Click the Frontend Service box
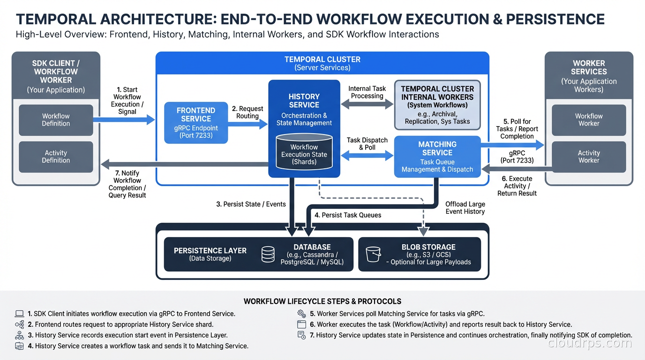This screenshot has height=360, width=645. click(x=196, y=123)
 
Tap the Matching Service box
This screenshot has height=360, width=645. click(x=437, y=157)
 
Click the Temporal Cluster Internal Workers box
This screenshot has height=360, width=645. click(x=437, y=105)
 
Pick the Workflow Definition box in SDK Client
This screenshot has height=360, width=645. click(x=56, y=120)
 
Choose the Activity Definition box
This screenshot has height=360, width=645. click(x=56, y=157)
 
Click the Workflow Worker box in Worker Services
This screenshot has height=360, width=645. click(x=589, y=120)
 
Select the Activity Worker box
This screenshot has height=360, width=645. click(x=589, y=157)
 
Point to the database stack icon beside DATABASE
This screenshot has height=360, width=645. click(x=268, y=254)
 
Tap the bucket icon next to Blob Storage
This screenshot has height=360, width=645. click(x=373, y=254)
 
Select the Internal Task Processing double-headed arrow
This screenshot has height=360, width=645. click(x=367, y=105)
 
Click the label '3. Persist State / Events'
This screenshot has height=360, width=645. click(x=251, y=204)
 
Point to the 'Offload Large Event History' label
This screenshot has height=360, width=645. click(x=465, y=208)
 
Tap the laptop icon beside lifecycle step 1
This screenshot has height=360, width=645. click(x=19, y=314)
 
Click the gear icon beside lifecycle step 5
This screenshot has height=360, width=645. click(x=301, y=314)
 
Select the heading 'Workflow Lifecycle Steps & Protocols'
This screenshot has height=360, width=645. click(x=322, y=301)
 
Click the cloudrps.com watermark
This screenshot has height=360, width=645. click(x=589, y=343)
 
